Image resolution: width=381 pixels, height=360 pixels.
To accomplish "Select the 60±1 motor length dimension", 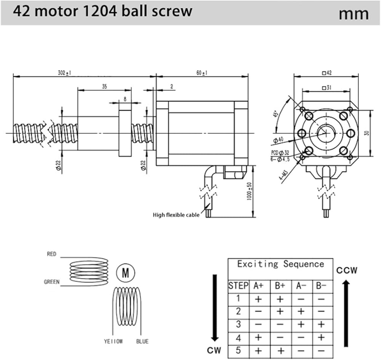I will [202, 73].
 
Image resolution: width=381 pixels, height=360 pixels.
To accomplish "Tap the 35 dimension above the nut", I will [104, 87].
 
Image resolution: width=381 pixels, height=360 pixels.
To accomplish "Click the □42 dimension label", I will [327, 73].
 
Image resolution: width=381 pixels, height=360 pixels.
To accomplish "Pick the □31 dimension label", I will [326, 88].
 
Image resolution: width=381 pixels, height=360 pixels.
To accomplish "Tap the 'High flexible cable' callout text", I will [176, 215].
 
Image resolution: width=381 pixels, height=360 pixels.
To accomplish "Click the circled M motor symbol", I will [125, 272].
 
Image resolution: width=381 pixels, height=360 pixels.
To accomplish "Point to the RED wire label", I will [51, 254].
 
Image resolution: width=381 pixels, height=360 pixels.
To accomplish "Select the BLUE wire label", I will [142, 341].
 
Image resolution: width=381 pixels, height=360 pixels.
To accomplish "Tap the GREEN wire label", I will [51, 282].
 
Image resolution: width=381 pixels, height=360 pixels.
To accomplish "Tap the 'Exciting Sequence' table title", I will [280, 264].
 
